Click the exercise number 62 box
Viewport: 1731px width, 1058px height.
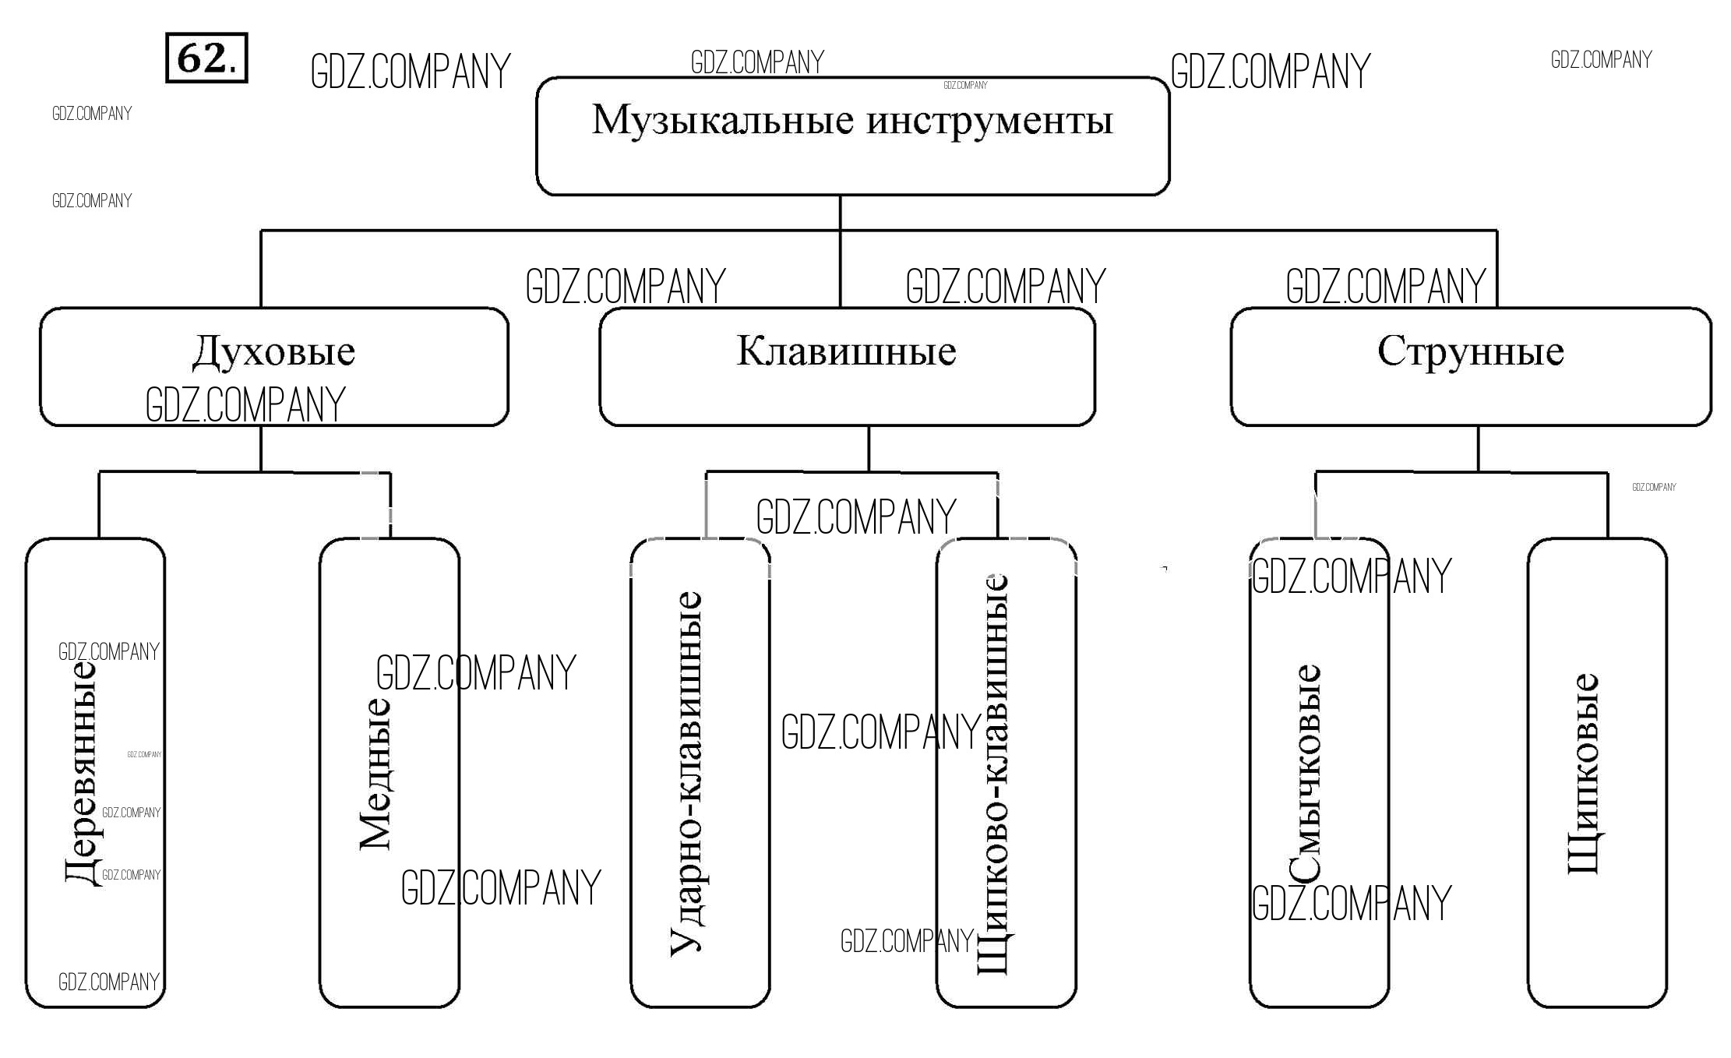206,58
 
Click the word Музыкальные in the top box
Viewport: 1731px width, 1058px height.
722,121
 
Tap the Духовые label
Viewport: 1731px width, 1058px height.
273,351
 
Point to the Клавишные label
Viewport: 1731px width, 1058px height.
846,351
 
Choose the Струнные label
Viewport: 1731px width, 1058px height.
1470,351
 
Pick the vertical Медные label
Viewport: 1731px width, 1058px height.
375,773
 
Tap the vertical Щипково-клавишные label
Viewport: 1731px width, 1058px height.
993,773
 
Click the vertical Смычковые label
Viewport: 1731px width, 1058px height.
1305,773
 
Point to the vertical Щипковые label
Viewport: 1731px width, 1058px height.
1583,773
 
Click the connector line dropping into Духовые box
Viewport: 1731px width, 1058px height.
260,269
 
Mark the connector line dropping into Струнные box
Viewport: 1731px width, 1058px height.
1497,269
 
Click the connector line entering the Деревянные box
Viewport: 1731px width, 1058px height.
99,505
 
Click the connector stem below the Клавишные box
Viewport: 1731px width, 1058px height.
869,448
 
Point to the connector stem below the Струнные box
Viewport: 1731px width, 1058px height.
1478,448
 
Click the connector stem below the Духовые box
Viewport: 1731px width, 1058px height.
260,448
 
